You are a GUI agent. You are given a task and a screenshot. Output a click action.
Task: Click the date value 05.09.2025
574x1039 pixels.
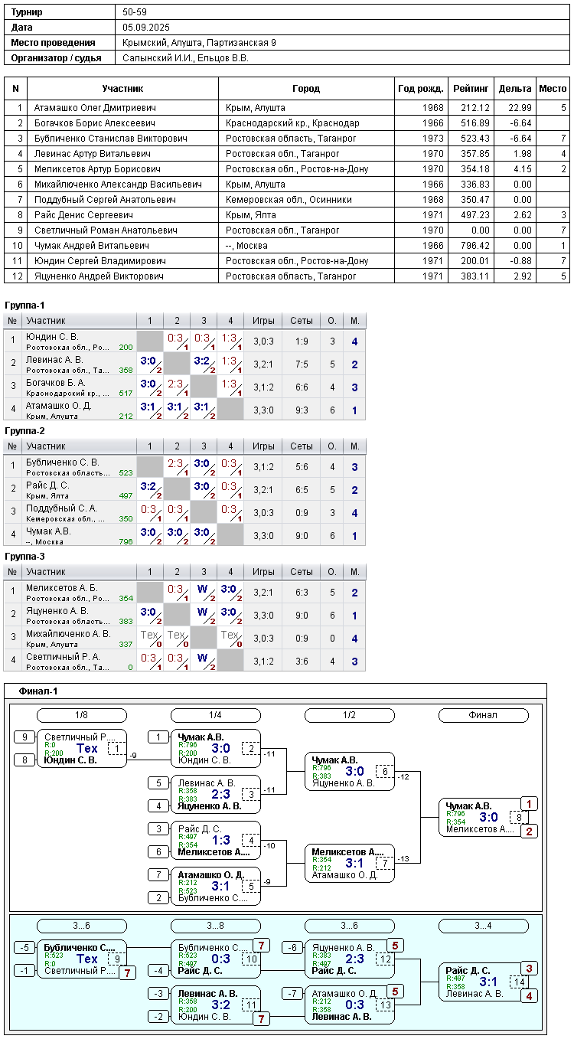pos(145,28)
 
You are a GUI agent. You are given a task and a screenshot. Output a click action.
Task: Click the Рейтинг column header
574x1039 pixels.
pos(471,89)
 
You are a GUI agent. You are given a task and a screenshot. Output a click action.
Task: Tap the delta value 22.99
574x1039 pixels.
pos(516,108)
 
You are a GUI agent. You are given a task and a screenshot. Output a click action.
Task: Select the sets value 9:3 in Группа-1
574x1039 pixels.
pos(301,410)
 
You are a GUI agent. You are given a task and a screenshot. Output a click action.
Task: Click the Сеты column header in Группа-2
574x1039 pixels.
pos(301,446)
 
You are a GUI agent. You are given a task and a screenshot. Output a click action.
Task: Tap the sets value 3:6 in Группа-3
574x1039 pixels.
pos(301,661)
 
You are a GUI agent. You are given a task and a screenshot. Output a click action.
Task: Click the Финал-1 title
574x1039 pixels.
pos(38,692)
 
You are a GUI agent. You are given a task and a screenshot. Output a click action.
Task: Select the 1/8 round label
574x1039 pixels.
pos(81,715)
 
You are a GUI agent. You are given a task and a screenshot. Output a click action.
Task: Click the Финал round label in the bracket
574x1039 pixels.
pos(482,715)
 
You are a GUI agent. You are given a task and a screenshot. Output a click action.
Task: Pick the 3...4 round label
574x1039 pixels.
pos(482,926)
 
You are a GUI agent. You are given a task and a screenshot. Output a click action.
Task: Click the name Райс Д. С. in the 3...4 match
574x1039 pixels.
pos(468,970)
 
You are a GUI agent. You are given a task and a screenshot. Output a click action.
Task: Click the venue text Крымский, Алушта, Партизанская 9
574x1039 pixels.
pos(199,43)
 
